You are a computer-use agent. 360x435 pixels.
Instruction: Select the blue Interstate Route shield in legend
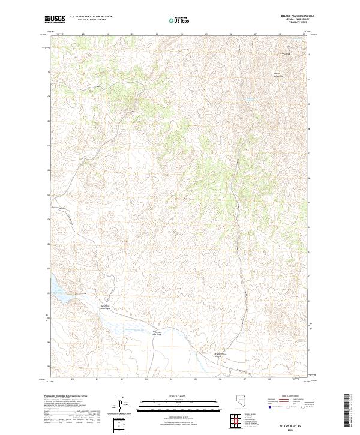pos(269,407)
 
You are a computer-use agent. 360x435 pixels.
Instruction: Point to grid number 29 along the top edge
pos(304,34)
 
